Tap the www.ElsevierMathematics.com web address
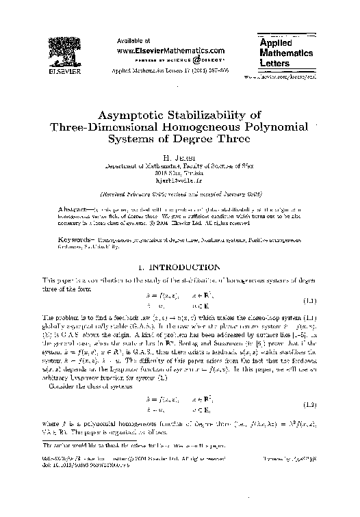click(x=171, y=50)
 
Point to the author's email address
click(x=179, y=178)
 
